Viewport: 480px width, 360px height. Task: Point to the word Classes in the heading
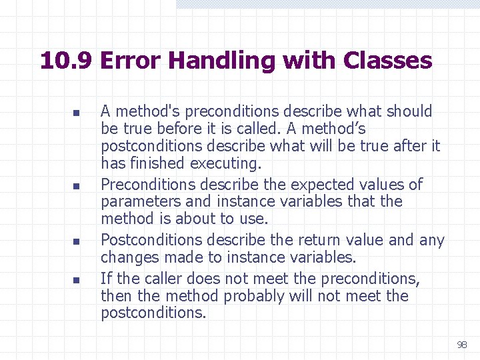(387, 61)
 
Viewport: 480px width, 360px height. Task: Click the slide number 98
(461, 345)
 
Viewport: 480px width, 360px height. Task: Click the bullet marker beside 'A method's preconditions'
(77, 113)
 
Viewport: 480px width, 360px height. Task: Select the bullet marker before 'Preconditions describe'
(77, 185)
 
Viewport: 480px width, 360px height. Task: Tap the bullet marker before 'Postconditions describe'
(77, 241)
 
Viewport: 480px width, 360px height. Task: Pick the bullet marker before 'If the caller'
(77, 279)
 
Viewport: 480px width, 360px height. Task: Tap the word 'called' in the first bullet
(255, 128)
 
